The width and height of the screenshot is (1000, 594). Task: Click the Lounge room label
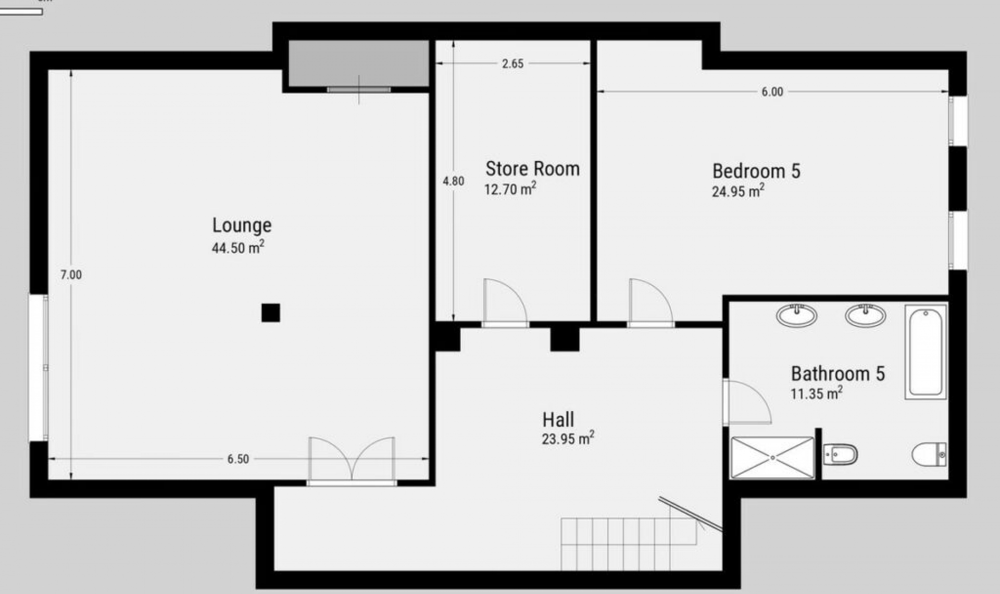point(242,226)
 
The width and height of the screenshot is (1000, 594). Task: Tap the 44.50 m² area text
point(238,247)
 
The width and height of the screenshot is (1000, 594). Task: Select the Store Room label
point(532,168)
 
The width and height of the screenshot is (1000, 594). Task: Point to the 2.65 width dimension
point(513,64)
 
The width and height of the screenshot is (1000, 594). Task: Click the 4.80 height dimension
point(453,181)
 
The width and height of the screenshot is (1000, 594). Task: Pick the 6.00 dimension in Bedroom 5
point(772,92)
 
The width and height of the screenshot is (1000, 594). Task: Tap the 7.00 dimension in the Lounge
point(71,275)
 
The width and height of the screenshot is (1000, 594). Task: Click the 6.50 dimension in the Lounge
point(238,459)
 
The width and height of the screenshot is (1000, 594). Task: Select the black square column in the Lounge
point(271,313)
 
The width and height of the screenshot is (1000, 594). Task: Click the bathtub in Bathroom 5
point(926,352)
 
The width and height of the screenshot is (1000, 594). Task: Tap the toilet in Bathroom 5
point(929,454)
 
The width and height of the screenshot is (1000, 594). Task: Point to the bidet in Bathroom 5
point(840,455)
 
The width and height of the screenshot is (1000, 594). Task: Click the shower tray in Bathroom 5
point(772,457)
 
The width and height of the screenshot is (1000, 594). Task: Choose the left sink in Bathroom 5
point(797,315)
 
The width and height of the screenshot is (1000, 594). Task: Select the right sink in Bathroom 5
point(866,315)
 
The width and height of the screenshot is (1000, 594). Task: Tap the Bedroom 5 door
point(651,303)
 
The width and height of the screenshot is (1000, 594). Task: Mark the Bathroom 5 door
point(747,402)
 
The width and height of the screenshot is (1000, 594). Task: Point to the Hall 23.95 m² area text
point(568,439)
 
